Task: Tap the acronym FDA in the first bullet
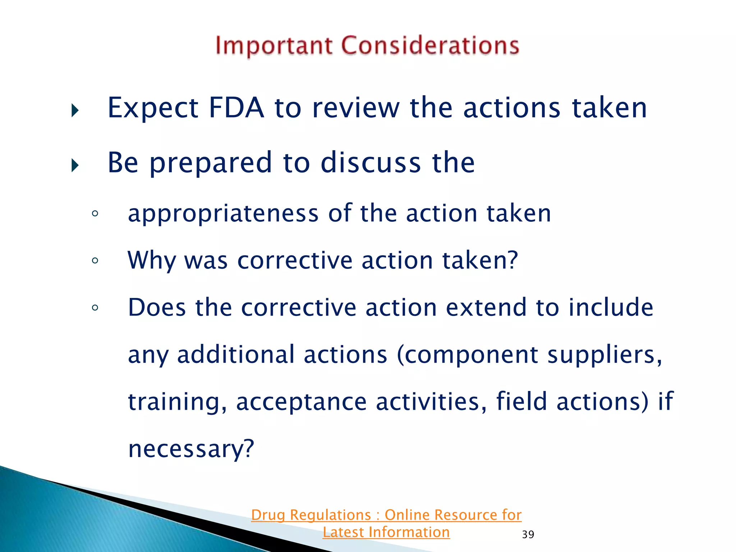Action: [x=236, y=107]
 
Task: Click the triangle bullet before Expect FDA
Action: [x=75, y=110]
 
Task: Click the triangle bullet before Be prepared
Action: [x=75, y=165]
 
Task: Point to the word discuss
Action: [x=371, y=162]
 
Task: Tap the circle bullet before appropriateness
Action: [x=95, y=213]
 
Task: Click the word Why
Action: [x=151, y=261]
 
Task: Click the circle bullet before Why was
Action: [x=95, y=261]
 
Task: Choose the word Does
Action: [x=157, y=308]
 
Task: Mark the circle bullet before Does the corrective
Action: [x=95, y=308]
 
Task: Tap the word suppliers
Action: [x=604, y=355]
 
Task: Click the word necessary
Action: [x=191, y=449]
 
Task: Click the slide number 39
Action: [x=528, y=534]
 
